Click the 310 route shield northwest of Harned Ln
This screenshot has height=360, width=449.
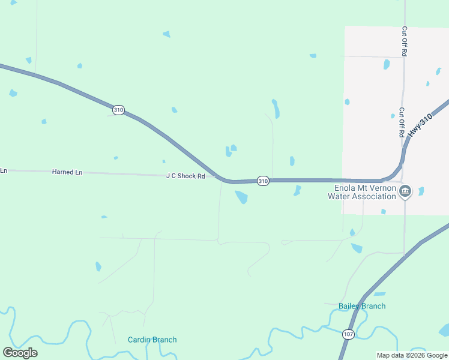coord(118,110)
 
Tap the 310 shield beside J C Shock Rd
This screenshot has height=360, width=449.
coord(263,181)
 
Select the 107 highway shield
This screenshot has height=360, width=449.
coord(349,334)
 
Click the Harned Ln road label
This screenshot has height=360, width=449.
coord(67,172)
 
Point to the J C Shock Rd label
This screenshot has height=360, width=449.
coord(185,176)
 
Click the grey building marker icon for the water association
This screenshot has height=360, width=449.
coord(405,191)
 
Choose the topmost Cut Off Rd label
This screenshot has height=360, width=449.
coord(405,41)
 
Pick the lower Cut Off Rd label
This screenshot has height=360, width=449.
coord(402,122)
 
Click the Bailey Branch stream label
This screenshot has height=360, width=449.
coord(362,306)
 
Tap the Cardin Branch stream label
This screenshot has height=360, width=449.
coord(152,340)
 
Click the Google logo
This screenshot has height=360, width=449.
coord(20,352)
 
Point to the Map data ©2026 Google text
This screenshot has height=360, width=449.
coord(412,355)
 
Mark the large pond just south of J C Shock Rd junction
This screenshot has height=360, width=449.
coord(241,197)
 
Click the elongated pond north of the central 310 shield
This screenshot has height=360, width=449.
coord(276,108)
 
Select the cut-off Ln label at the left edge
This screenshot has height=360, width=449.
coord(4,171)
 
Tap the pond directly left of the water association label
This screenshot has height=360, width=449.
coord(297,190)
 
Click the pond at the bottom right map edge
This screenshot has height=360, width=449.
coord(444,330)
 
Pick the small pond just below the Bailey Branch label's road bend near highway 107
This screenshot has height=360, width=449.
coord(379,294)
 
